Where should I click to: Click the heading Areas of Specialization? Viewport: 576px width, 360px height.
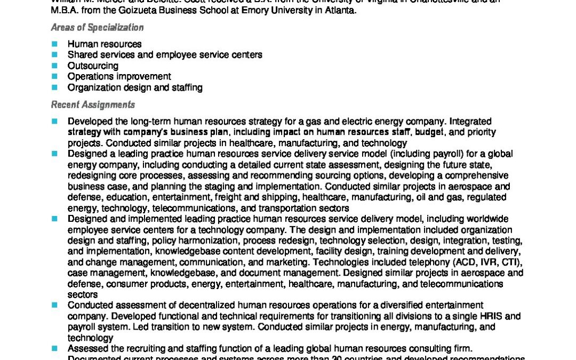(97, 28)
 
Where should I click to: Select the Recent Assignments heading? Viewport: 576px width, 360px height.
(93, 105)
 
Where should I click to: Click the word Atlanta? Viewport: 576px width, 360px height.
(341, 11)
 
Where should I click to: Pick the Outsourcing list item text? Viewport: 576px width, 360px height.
(93, 66)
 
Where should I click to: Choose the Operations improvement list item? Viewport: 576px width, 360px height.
(119, 76)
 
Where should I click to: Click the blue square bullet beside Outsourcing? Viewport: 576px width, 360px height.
(54, 66)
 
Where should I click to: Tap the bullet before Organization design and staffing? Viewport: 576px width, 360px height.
(54, 87)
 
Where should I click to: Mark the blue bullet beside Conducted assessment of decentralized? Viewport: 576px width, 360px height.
(54, 305)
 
